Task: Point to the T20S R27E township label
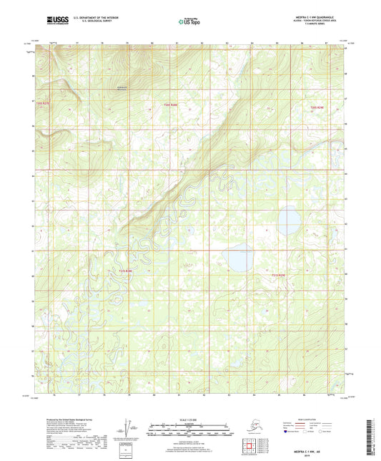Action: tap(44, 103)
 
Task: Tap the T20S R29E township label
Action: tap(317, 107)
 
